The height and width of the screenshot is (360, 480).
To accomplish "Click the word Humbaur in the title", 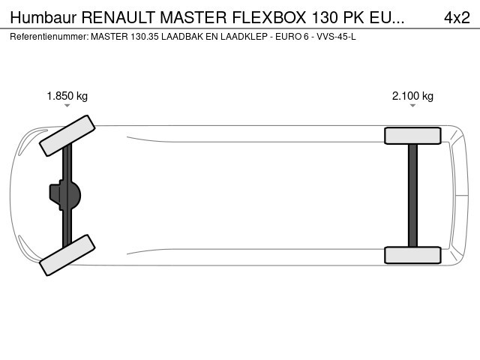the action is tap(43, 17).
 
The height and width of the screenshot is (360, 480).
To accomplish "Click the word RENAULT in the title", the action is tap(118, 17).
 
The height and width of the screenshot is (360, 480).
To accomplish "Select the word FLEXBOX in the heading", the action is tap(269, 17).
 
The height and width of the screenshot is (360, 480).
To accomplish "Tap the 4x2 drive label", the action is tap(457, 17).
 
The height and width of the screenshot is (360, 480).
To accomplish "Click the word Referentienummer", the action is tap(49, 37).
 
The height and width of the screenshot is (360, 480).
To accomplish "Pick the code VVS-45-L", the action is tap(336, 37).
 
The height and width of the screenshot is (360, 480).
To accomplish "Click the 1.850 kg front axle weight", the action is tap(67, 96).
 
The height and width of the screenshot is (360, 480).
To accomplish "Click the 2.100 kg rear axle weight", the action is tap(412, 96).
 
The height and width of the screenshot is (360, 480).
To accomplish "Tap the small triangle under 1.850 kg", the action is tap(67, 106).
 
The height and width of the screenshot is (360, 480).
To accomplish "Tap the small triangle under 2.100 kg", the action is tap(412, 106).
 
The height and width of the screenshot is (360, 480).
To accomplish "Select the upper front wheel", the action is tap(67, 136).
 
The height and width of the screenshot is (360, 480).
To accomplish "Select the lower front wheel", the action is tap(67, 255).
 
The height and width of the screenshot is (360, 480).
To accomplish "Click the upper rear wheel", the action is tap(412, 136).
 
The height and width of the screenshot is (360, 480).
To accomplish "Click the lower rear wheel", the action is tap(412, 255).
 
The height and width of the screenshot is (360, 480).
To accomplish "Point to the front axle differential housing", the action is tap(65, 195).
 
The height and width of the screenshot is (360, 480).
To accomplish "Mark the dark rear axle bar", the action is tap(412, 195).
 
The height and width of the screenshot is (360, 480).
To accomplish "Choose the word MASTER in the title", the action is tap(193, 17).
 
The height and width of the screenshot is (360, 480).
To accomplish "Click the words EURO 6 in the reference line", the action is tap(292, 37).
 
